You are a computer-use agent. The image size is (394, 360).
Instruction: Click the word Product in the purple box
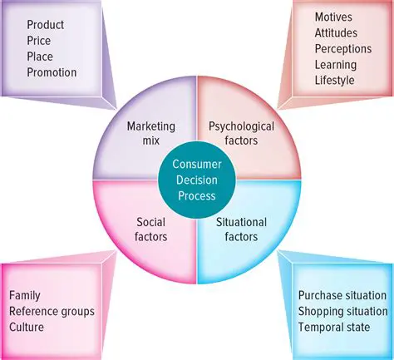click(45, 25)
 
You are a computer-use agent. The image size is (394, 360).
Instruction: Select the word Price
click(39, 41)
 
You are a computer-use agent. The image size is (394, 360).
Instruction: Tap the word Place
click(39, 57)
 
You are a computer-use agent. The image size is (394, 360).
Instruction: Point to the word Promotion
click(52, 72)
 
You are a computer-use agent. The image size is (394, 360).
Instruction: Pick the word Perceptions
click(343, 48)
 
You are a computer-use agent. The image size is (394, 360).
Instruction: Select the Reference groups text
click(52, 311)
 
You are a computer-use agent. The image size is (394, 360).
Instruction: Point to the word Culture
click(27, 327)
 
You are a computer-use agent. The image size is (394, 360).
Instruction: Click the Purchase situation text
click(342, 295)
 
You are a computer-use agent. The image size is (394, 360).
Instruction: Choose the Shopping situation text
click(342, 311)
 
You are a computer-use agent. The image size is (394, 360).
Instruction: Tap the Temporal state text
click(334, 327)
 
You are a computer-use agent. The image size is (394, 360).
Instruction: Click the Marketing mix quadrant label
click(150, 133)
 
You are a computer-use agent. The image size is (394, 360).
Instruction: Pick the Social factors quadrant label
click(150, 229)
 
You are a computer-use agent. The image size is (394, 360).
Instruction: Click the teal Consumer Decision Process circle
click(196, 179)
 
